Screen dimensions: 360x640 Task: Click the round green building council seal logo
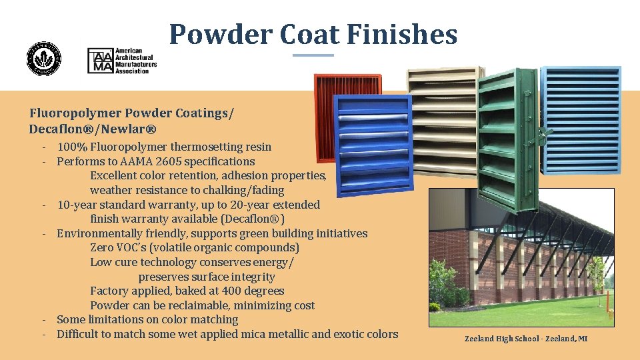click(43, 59)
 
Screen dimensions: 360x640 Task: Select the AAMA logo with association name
click(123, 61)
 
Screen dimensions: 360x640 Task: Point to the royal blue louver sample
click(373, 143)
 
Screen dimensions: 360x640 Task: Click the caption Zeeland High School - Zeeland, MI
click(526, 339)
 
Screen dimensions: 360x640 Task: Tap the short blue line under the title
click(313, 55)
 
